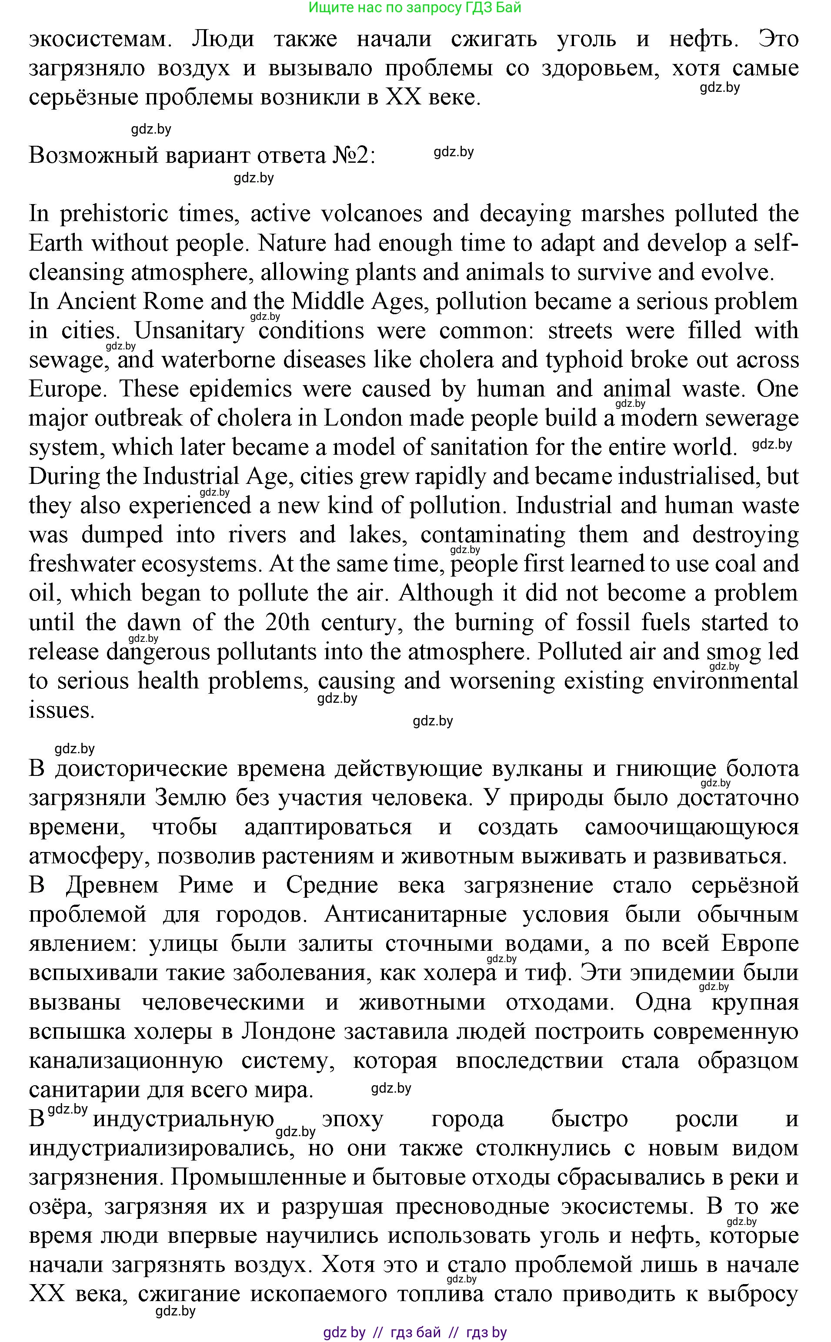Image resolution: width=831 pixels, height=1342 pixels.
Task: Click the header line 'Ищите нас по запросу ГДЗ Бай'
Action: [415, 8]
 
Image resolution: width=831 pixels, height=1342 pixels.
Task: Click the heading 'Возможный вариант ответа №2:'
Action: [202, 156]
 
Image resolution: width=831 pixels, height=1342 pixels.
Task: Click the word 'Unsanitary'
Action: [189, 331]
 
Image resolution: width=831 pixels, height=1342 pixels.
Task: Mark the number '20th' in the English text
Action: [287, 623]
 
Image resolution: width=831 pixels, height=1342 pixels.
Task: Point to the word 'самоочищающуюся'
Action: [691, 827]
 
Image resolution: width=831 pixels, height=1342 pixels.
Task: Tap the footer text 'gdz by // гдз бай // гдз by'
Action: [415, 1332]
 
